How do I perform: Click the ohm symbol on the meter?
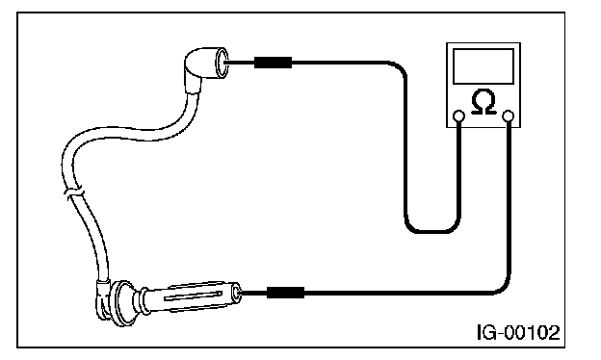click(483, 102)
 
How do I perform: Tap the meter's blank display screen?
click(483, 66)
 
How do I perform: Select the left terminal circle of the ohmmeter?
click(458, 116)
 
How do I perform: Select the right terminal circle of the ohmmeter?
click(509, 116)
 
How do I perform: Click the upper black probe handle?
click(273, 63)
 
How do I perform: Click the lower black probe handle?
click(285, 293)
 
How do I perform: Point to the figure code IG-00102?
click(518, 332)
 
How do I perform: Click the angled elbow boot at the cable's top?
click(205, 69)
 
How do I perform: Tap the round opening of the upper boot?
click(222, 63)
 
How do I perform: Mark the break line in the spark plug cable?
click(73, 192)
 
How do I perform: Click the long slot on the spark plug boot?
click(193, 296)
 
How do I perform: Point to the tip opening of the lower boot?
click(236, 293)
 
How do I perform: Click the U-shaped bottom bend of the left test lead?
click(432, 231)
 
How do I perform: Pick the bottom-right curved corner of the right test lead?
click(503, 288)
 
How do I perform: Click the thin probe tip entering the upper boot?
click(239, 63)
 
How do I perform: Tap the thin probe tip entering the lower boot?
click(252, 293)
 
